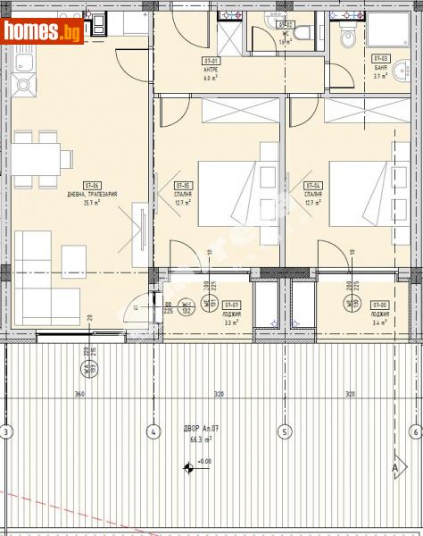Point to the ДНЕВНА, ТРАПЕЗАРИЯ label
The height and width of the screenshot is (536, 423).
tap(92, 194)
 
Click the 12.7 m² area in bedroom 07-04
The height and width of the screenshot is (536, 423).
tap(312, 203)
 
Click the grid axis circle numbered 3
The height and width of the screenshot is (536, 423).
tap(7, 432)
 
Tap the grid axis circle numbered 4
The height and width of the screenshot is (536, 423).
tap(153, 432)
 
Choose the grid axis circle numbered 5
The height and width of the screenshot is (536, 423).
tap(285, 432)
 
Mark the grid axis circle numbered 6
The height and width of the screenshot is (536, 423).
tap(415, 432)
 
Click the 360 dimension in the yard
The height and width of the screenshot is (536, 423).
tap(79, 393)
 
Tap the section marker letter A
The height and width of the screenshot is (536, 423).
tap(394, 465)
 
